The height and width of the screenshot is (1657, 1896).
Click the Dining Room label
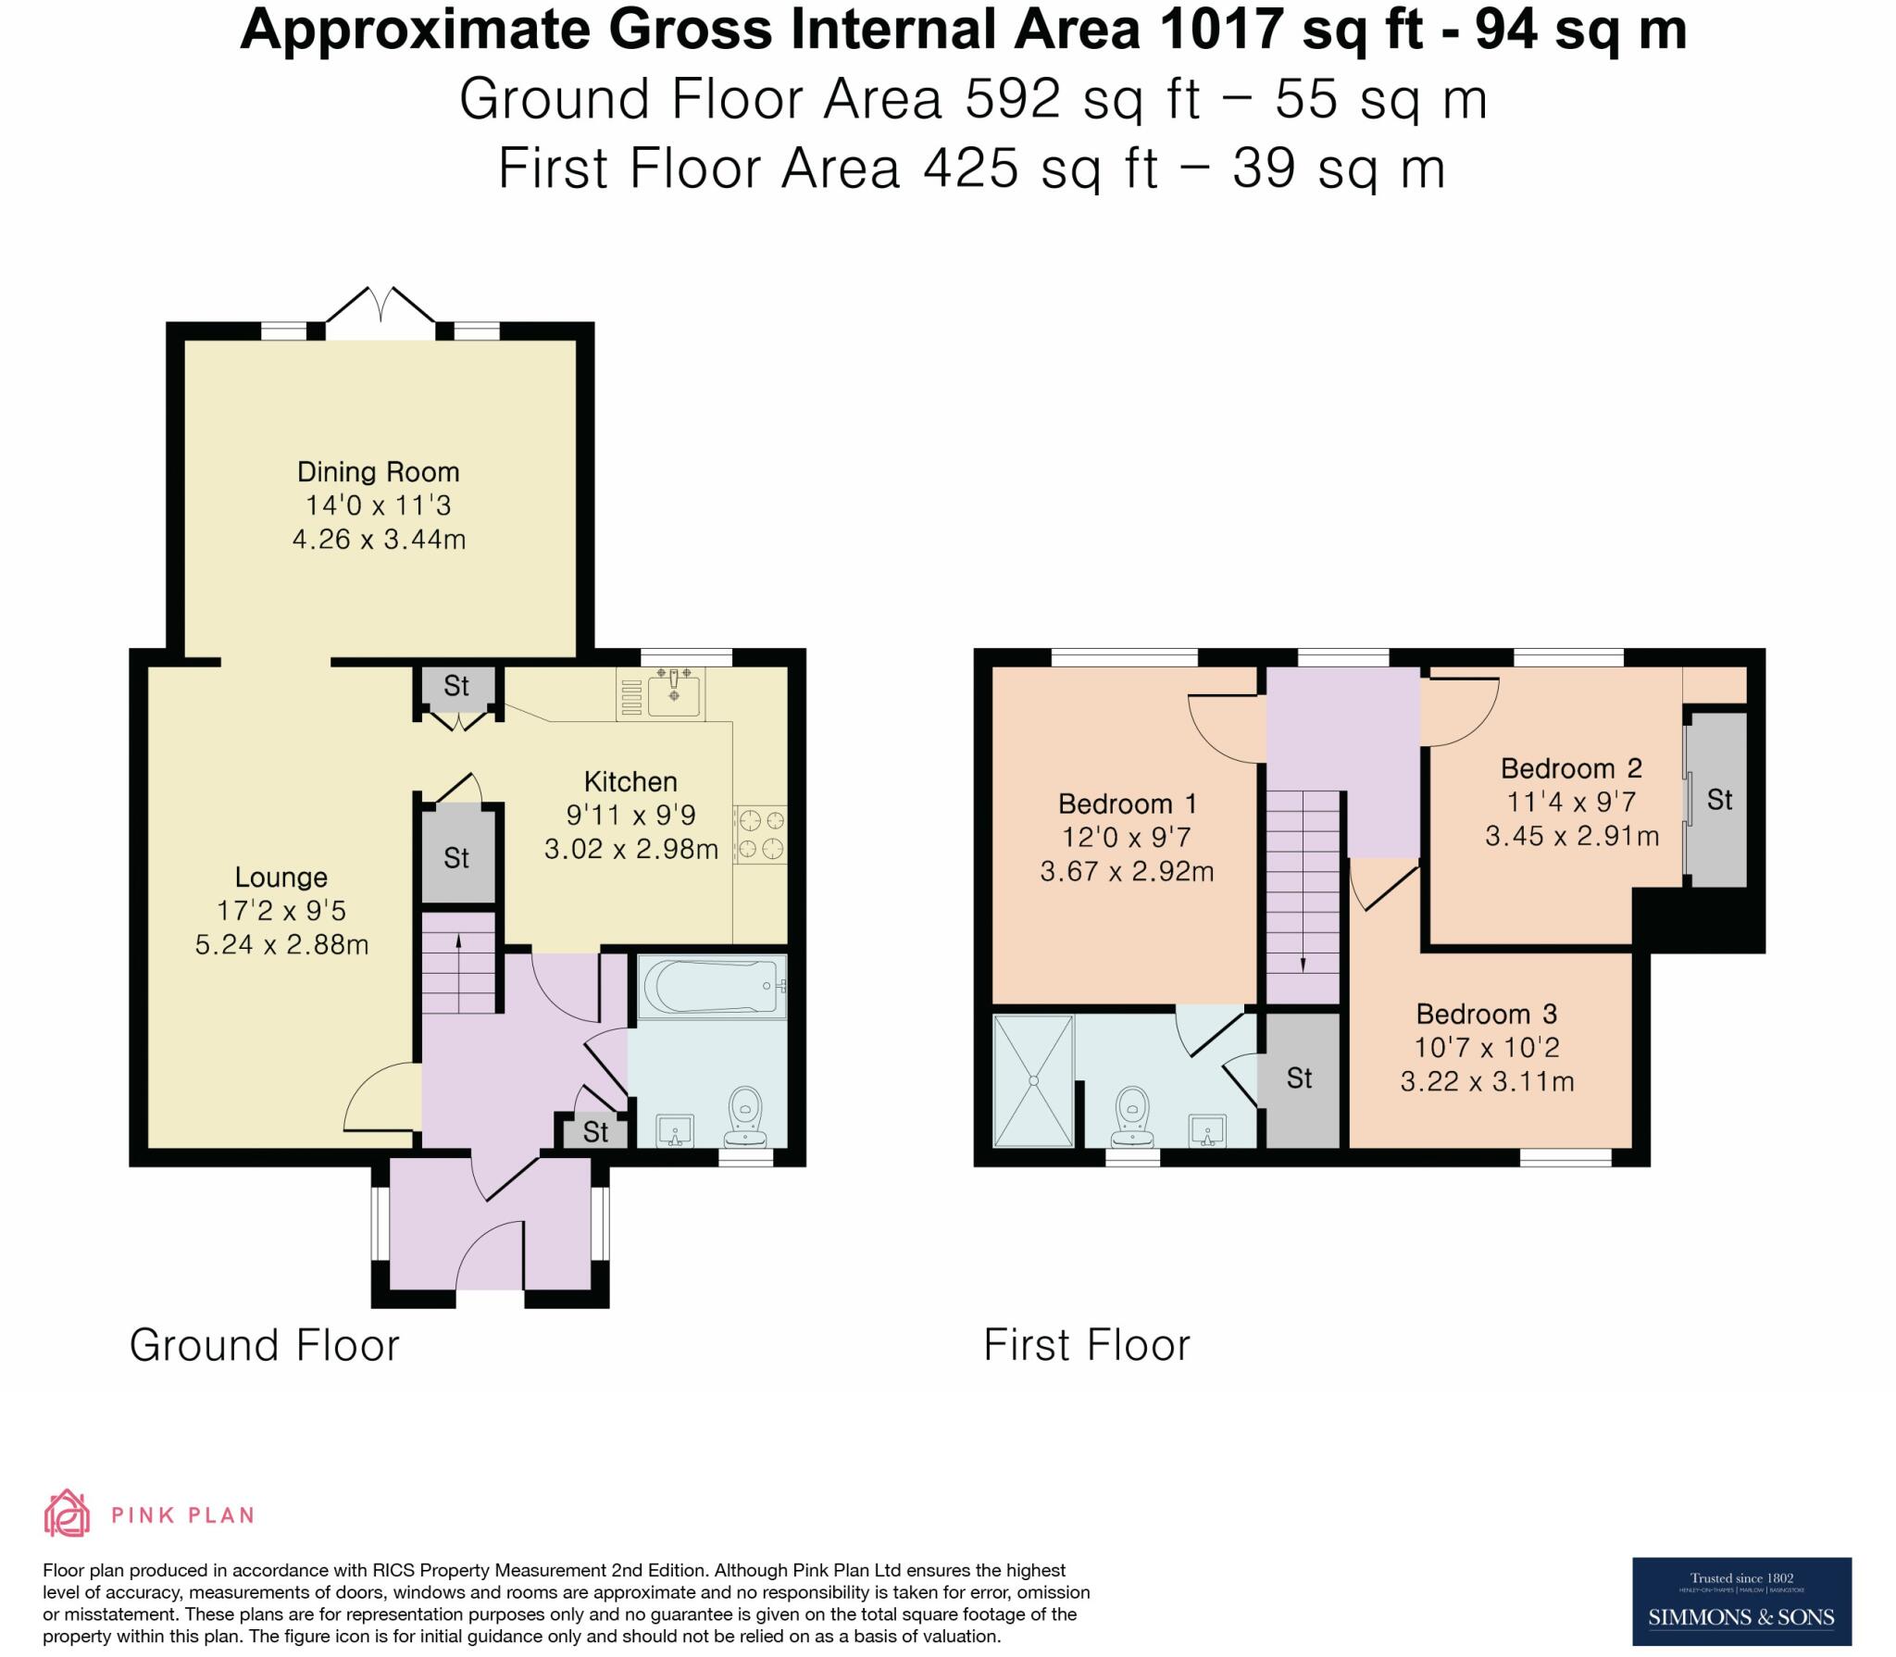coord(378,472)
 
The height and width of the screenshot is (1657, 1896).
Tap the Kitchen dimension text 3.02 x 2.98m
coord(630,849)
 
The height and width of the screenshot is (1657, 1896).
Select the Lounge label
coord(281,878)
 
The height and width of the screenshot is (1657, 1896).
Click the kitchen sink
coord(673,693)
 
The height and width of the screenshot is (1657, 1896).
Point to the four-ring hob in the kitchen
coord(759,834)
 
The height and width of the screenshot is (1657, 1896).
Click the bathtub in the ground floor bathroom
coord(712,987)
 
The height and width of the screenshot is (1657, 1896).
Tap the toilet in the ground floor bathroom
coord(745,1118)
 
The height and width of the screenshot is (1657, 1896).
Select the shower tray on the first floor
coord(1033,1080)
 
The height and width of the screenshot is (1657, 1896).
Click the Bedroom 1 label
coord(1127,804)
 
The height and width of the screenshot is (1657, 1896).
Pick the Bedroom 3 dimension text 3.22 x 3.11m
coord(1487,1082)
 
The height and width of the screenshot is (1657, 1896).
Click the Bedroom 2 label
coord(1571,768)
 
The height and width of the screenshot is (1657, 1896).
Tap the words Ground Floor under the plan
coord(265,1346)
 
